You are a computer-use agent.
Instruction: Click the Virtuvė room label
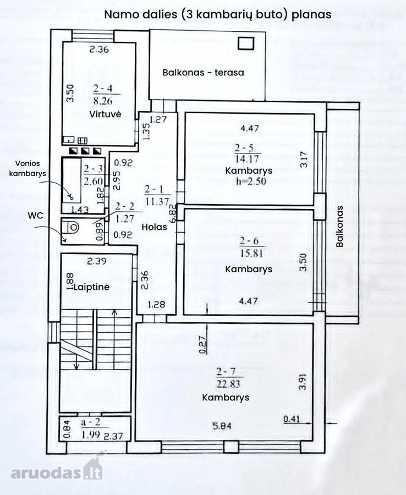pos(105,114)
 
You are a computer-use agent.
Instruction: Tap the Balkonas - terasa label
pos(204,73)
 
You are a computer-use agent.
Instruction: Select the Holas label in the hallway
pos(154,227)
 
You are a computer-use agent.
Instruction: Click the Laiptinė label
pos(91,287)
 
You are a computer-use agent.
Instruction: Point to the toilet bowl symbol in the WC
pos(74,227)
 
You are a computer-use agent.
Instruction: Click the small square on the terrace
pos(246,43)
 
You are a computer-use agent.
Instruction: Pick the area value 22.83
pos(228,384)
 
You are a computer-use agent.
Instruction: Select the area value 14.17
pos(246,158)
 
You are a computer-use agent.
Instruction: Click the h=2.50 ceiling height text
pos(251,181)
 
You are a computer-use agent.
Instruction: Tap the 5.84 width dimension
pos(222,426)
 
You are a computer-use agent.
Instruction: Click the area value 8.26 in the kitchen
pos(103,101)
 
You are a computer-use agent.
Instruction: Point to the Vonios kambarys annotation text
pos(28,168)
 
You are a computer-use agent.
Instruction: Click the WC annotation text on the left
pos(35,216)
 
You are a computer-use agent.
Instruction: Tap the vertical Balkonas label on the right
pos(339,227)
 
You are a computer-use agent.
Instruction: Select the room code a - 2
pos(90,422)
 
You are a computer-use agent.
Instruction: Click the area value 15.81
pos(251,253)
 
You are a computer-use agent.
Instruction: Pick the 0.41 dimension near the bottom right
pos(292,419)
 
